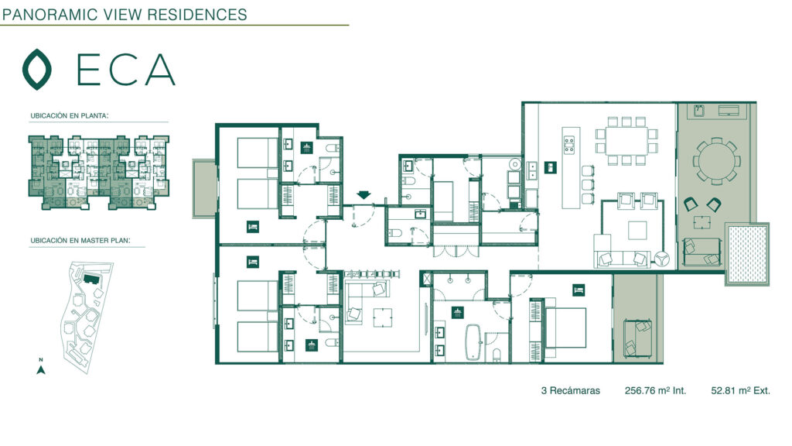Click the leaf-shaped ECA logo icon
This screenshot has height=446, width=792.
coord(37,69)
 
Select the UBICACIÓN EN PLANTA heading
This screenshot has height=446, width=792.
coord(69,116)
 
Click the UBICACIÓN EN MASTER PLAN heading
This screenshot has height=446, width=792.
coord(80,241)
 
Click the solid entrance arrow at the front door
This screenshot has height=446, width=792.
coord(364,194)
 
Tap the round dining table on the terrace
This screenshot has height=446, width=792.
coord(717,161)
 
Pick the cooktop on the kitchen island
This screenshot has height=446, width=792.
coord(569,144)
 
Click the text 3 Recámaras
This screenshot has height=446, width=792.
coord(570,391)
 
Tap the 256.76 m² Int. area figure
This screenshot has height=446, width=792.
coord(655,390)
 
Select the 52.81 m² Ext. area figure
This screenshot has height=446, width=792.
coord(740,390)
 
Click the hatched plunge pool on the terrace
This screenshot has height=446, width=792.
coord(748,254)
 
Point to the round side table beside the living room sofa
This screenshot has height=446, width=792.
coord(663,259)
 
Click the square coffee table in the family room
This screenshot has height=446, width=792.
coord(382,317)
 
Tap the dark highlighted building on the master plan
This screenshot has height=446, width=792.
coord(91,279)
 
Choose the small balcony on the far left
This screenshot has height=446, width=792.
coord(204,189)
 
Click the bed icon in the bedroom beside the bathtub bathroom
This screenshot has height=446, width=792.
coord(579,290)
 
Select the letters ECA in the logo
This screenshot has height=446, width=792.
coord(126,69)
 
